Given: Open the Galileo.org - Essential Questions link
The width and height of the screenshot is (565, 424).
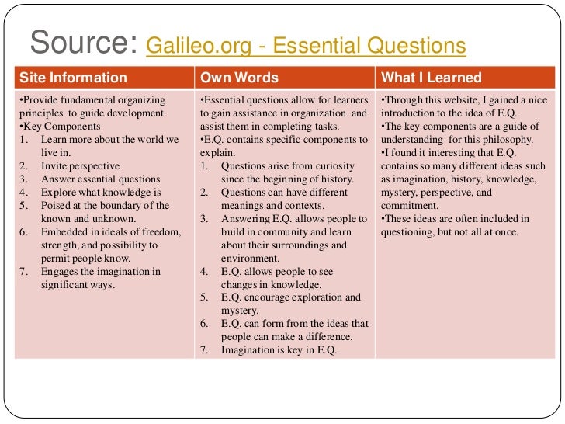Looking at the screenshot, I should pyautogui.click(x=305, y=47).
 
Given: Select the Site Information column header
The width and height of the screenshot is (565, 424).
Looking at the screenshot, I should pyautogui.click(x=72, y=78).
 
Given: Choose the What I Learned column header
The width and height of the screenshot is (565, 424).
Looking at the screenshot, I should pyautogui.click(x=431, y=78).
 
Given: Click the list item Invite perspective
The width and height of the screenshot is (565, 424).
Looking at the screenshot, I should pyautogui.click(x=80, y=166).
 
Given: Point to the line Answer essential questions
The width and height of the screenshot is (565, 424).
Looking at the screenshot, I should pyautogui.click(x=100, y=179).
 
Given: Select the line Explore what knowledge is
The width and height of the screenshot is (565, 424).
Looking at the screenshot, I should pyautogui.click(x=101, y=193).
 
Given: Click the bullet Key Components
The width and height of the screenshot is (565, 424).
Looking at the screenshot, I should pyautogui.click(x=57, y=126).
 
